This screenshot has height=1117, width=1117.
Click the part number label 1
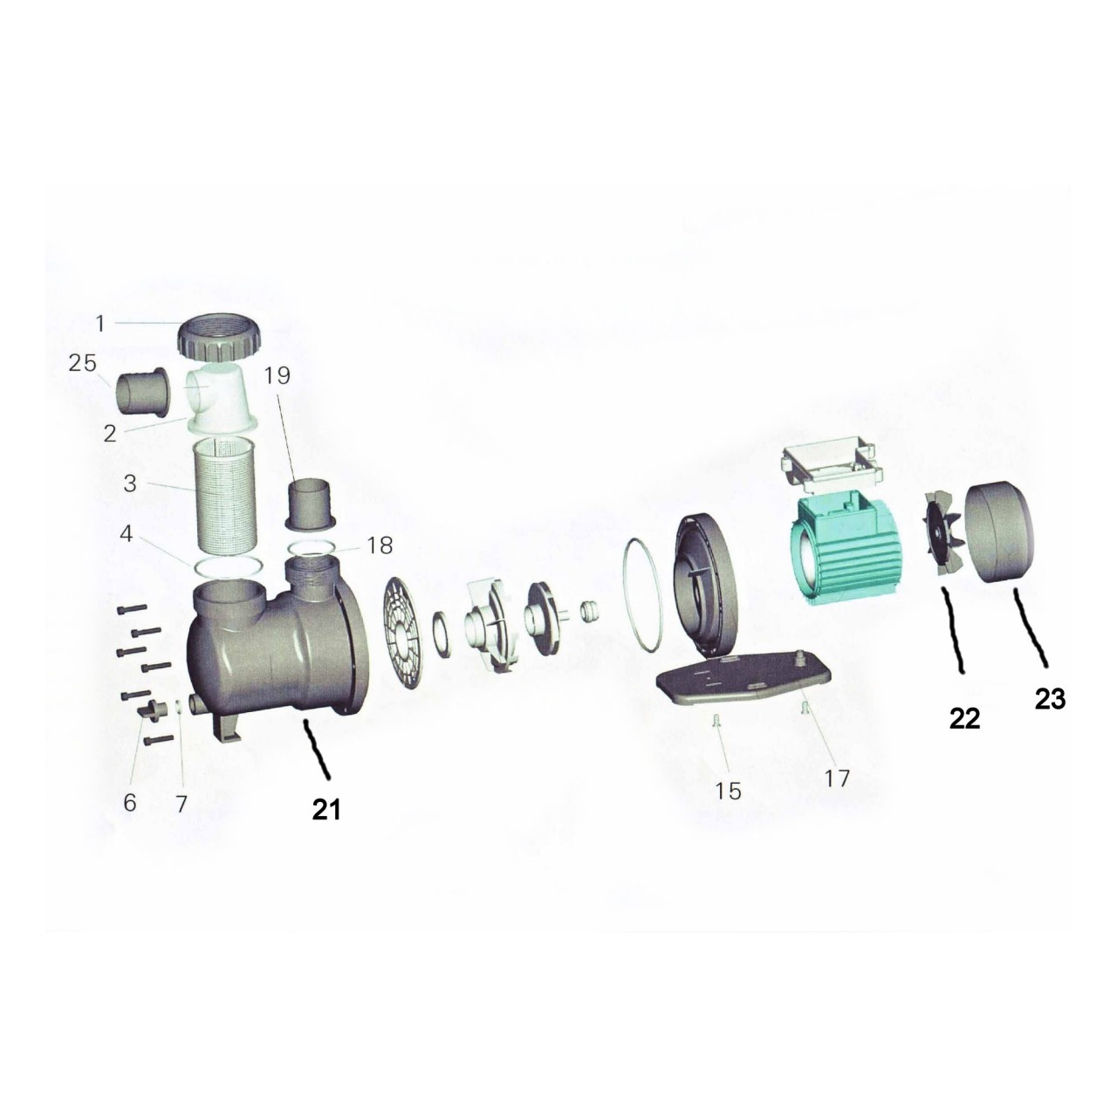point(100,324)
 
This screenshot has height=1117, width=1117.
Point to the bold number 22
point(964,719)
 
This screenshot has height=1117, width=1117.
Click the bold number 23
point(1050,700)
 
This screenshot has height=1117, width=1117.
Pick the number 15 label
point(728,791)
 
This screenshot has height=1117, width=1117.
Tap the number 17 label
point(837,778)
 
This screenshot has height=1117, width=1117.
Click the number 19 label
point(278,375)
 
